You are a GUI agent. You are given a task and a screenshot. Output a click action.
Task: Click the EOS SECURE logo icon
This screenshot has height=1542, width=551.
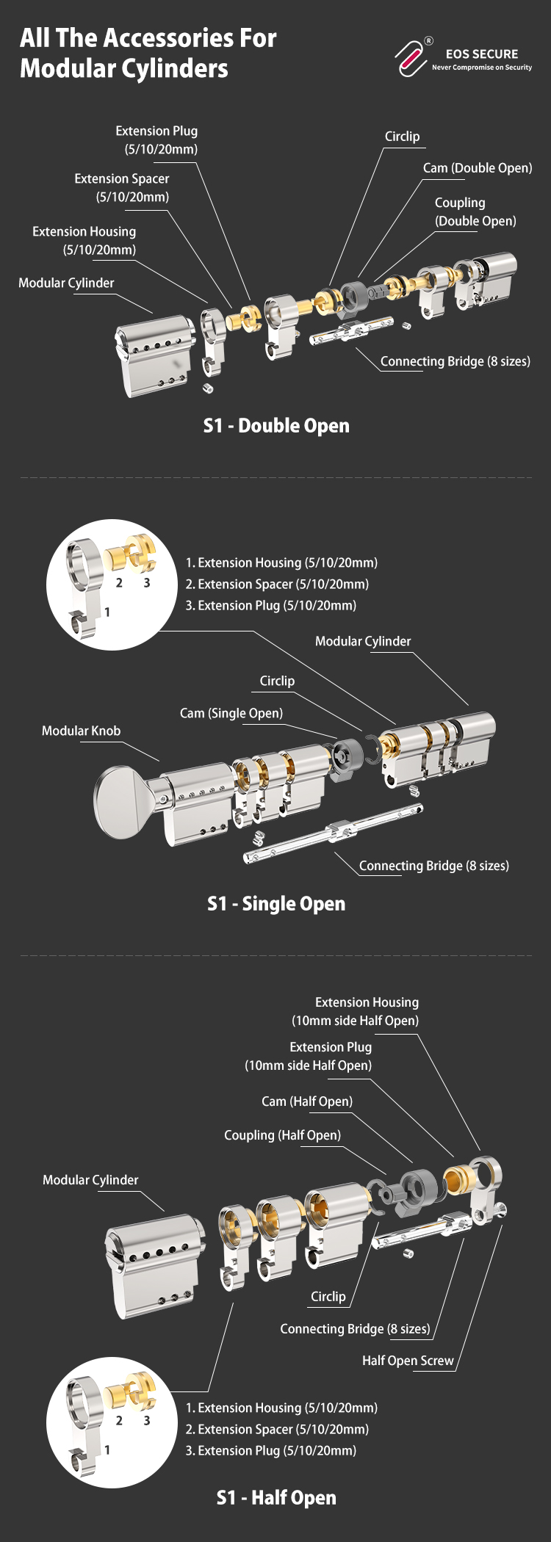[412, 57]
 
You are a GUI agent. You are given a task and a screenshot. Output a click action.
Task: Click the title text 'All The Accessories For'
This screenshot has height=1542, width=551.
[148, 38]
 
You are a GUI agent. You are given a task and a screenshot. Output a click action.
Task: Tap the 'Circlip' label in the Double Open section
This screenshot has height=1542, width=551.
[402, 137]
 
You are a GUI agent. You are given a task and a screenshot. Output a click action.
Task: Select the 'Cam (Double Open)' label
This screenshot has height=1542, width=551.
[477, 168]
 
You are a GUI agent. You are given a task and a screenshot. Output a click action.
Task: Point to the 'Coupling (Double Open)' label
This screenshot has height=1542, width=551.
[475, 211]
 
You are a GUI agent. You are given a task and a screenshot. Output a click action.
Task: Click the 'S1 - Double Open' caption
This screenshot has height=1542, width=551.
[276, 426]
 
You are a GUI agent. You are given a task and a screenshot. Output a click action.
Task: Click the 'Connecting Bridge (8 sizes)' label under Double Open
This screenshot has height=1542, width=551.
[455, 361]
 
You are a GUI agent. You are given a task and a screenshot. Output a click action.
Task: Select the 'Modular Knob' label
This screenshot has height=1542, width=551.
[81, 731]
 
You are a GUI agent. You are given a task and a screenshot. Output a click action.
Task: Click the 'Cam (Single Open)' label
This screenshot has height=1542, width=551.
[231, 713]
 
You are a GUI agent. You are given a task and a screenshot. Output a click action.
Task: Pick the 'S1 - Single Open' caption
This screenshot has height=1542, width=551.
[276, 904]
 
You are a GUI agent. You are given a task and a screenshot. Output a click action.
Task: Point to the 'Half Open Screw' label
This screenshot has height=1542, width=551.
[408, 1361]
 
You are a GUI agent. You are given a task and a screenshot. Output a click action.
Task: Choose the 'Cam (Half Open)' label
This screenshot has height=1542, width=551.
[307, 1101]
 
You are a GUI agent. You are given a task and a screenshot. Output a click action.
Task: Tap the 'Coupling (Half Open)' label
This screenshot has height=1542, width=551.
[282, 1135]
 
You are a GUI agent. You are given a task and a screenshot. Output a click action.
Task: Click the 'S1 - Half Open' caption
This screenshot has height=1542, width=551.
[276, 1498]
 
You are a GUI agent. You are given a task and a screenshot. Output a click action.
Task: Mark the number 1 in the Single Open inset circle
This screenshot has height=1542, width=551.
[107, 612]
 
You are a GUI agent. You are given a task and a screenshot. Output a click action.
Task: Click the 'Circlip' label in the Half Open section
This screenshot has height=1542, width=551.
[328, 1297]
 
